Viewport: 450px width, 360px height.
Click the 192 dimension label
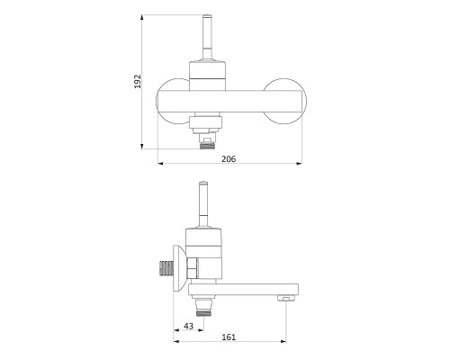coord(138,81)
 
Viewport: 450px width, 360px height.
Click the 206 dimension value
coord(229,159)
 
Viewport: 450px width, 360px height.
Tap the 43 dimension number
coord(188,326)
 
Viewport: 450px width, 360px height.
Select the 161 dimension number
coord(229,337)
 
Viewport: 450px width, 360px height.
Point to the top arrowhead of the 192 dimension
coord(141,17)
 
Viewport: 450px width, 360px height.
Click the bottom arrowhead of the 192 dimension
coord(141,146)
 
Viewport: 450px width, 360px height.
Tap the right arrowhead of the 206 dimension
coord(299,164)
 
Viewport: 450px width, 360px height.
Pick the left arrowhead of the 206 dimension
coord(161,164)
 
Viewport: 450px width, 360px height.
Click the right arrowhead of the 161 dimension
coord(283,341)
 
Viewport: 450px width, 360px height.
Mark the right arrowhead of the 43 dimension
coord(201,330)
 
